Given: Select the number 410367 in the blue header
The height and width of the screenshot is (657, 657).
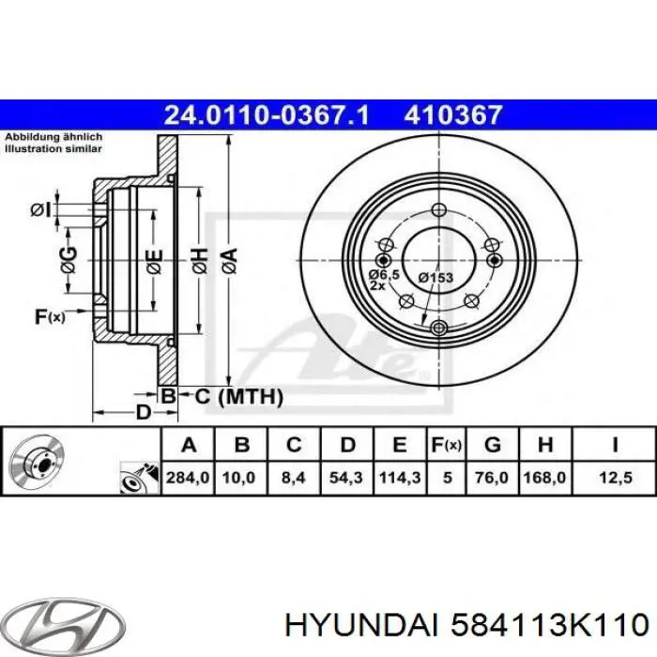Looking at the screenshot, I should pos(453,115).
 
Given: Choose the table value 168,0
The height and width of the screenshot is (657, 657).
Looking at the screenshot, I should pos(545,478).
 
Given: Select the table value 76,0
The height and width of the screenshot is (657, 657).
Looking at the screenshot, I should pos(493,478).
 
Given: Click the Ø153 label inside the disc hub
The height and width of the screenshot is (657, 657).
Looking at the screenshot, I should pos(435,277).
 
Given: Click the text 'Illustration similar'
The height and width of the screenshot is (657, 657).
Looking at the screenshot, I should pos(53,147).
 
